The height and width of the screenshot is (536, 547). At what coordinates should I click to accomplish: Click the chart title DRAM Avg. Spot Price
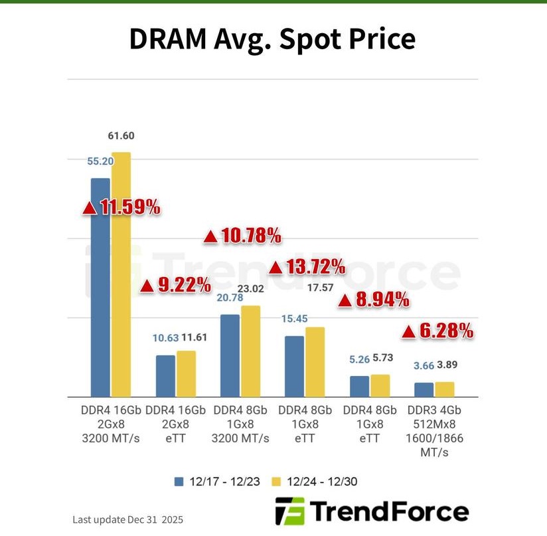click(x=272, y=39)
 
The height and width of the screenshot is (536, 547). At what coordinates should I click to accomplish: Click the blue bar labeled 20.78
click(x=230, y=355)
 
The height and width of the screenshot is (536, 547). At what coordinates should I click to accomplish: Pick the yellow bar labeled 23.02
click(x=250, y=351)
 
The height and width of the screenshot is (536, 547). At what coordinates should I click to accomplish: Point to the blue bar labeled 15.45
click(x=294, y=366)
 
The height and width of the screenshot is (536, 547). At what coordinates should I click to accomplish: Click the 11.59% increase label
click(x=121, y=207)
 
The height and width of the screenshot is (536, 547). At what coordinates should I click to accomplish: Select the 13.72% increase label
click(x=307, y=267)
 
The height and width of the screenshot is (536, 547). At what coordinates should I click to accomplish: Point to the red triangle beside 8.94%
click(x=345, y=301)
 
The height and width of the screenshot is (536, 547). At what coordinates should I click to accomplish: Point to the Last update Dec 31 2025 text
click(x=127, y=519)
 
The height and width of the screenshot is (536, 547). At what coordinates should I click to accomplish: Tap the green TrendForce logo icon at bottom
click(x=289, y=512)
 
